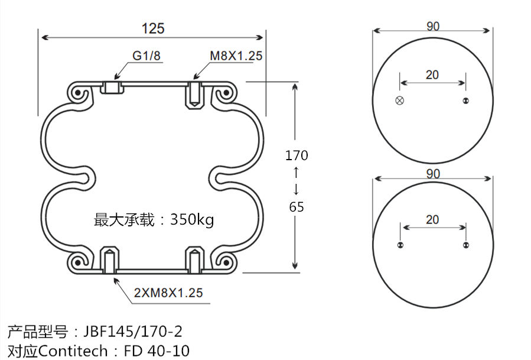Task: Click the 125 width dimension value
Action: pyautogui.click(x=153, y=28)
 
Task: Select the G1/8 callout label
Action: pyautogui.click(x=146, y=56)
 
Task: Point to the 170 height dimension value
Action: pyautogui.click(x=297, y=155)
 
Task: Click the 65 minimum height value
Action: pyautogui.click(x=297, y=207)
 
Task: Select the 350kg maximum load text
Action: pyautogui.click(x=192, y=220)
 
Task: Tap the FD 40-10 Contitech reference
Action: pyautogui.click(x=157, y=351)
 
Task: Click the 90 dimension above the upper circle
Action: pyautogui.click(x=432, y=26)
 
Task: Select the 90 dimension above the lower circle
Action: pyautogui.click(x=433, y=174)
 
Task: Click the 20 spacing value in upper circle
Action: pyautogui.click(x=432, y=74)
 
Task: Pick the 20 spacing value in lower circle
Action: pyautogui.click(x=432, y=219)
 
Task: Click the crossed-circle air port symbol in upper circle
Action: pyautogui.click(x=400, y=100)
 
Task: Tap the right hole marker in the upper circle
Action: pyautogui.click(x=465, y=100)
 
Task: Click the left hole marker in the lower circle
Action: pyautogui.click(x=400, y=245)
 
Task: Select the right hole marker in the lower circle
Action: pyautogui.click(x=465, y=245)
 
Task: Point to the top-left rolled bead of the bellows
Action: pyautogui.click(x=77, y=93)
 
